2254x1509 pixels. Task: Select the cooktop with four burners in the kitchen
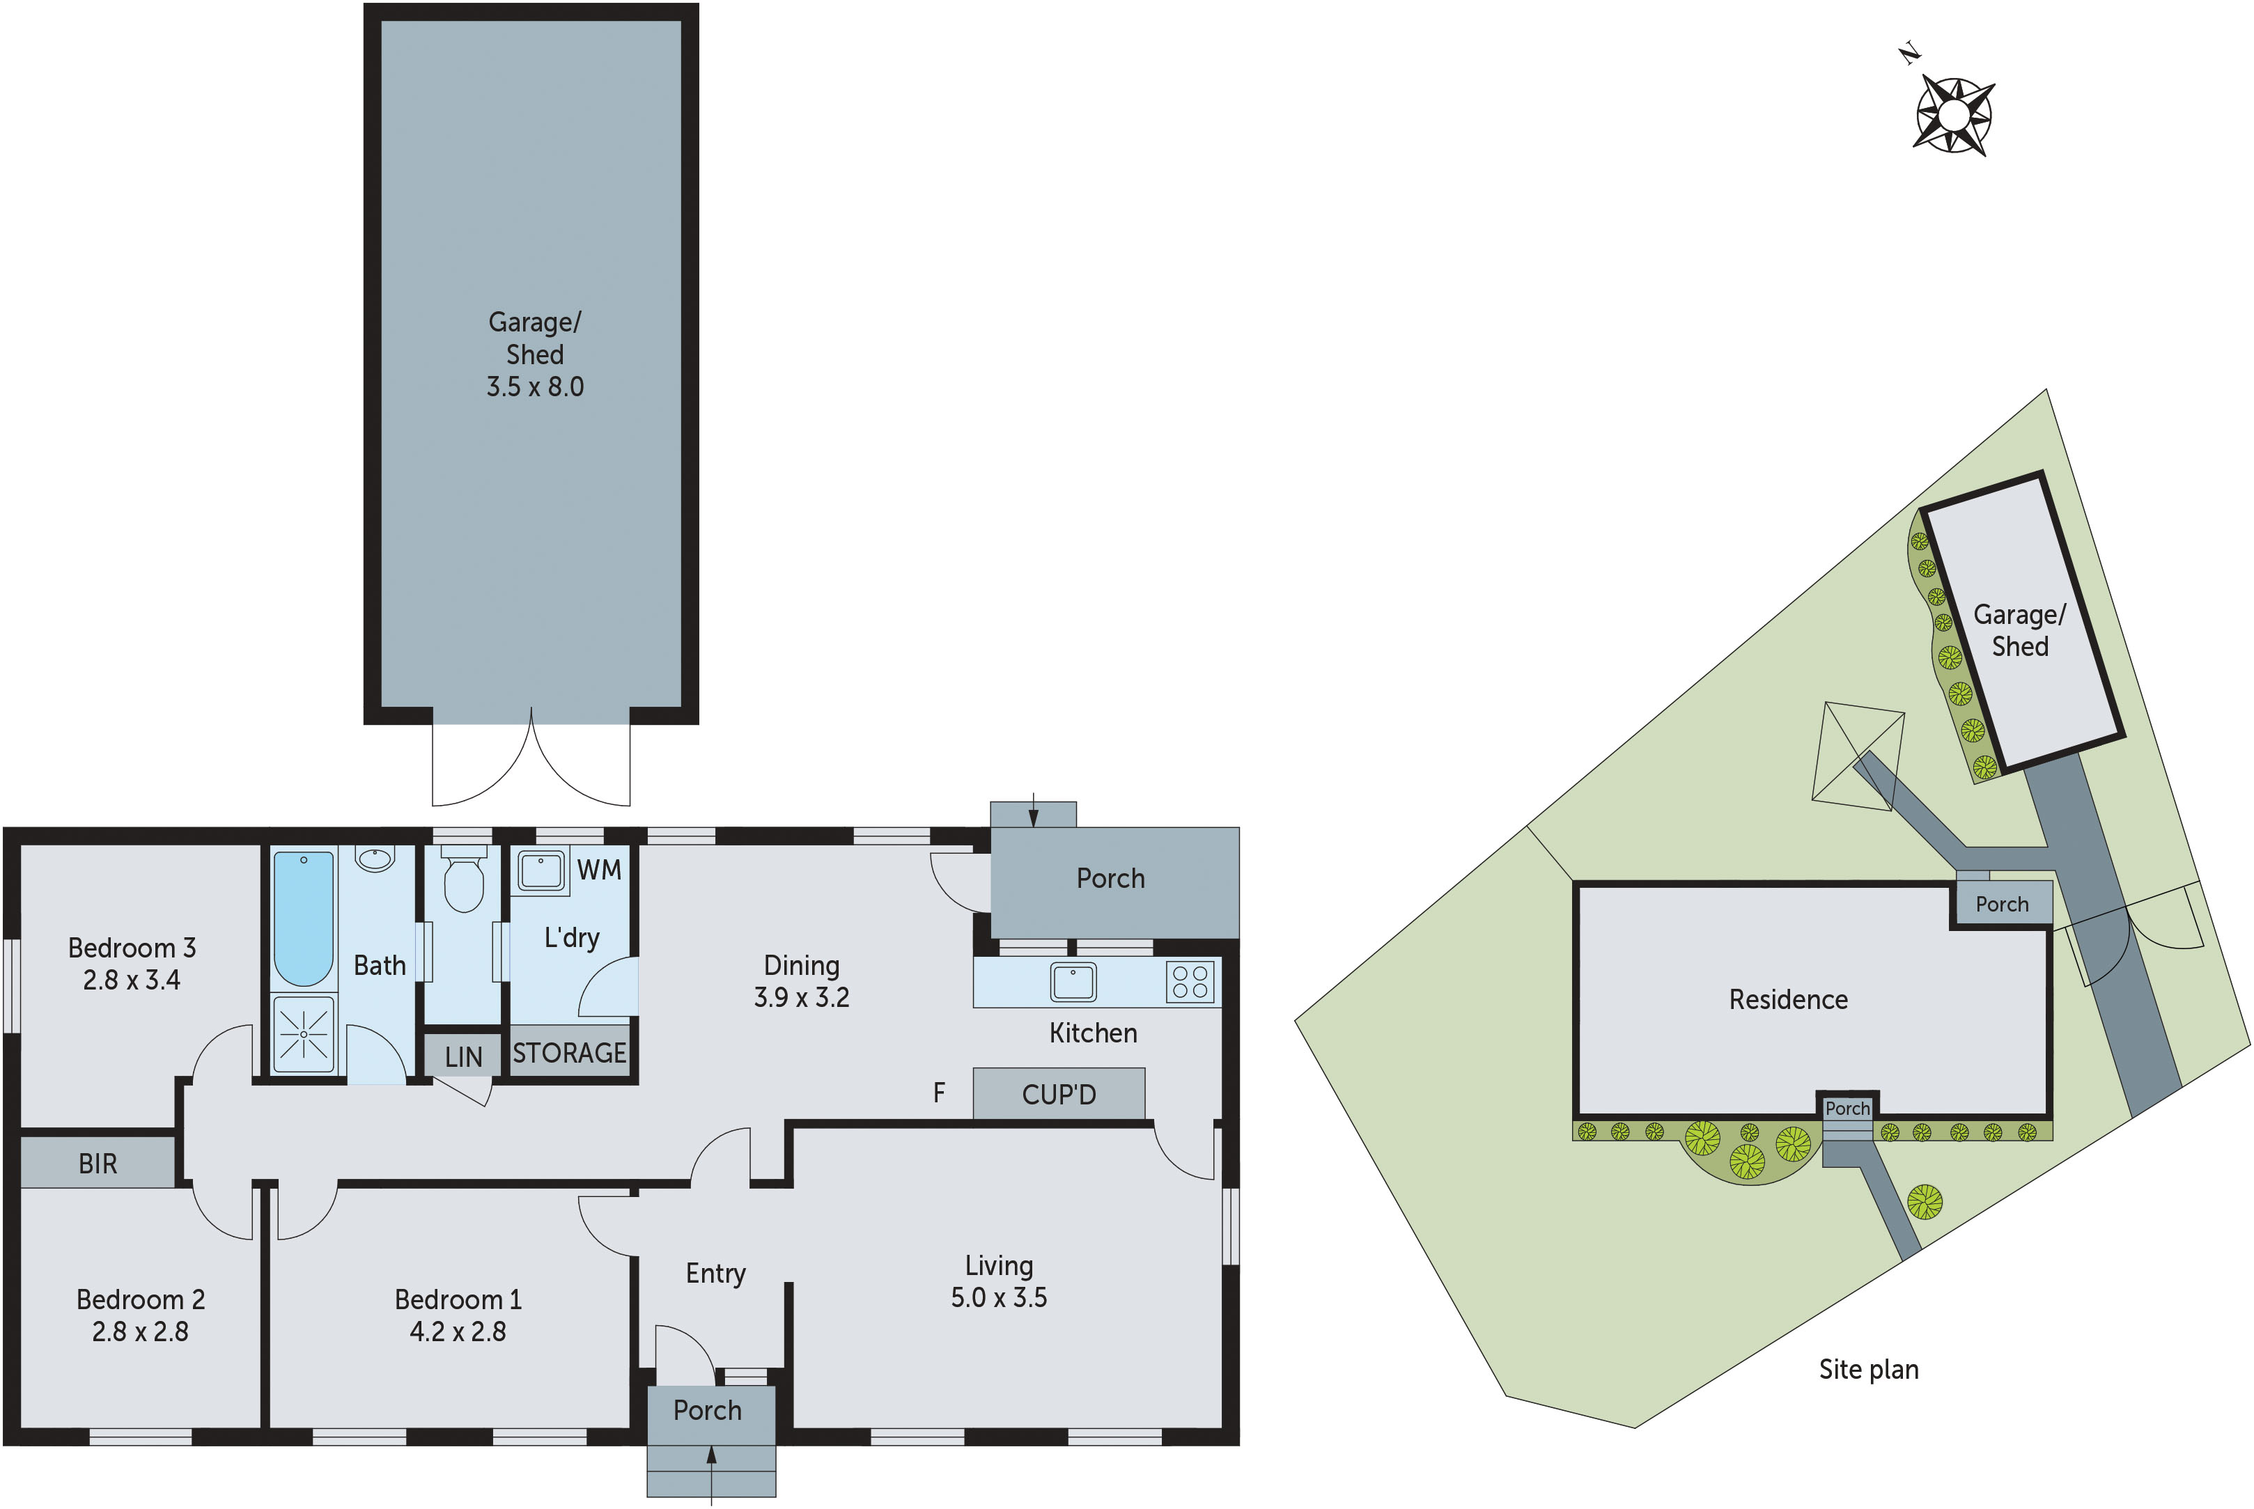(x=1190, y=982)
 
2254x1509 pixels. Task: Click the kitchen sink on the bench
(x=1073, y=982)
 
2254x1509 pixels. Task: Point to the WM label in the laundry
(x=598, y=870)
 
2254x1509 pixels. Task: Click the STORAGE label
(x=569, y=1053)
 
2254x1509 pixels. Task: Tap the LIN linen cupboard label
(x=463, y=1056)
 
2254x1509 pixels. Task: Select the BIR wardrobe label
(x=98, y=1164)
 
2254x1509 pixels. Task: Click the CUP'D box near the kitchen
(x=1059, y=1094)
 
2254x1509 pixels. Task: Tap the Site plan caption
(x=1868, y=1370)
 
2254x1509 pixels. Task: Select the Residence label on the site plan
(x=1788, y=999)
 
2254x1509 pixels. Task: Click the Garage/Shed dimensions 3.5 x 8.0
(x=534, y=387)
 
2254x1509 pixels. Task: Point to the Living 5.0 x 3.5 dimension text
(x=998, y=1297)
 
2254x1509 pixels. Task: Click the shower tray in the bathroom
(x=303, y=1035)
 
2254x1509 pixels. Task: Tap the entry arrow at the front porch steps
(x=711, y=1472)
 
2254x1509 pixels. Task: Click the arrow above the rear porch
(x=1034, y=811)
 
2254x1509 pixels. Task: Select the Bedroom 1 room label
(x=458, y=1299)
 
